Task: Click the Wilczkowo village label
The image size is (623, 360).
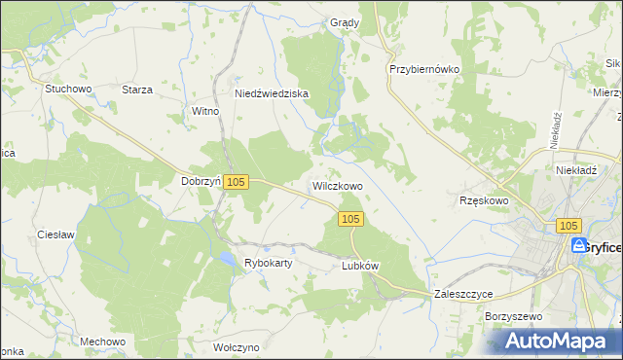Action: [x=338, y=185]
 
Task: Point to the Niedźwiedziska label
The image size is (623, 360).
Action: [x=272, y=93]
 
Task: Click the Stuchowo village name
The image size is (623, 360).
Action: [x=68, y=89]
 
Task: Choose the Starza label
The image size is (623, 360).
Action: [x=137, y=90]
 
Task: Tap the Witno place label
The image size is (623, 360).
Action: [x=206, y=111]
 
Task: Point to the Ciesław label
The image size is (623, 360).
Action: [x=56, y=235]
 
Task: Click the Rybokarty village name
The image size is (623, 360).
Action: [x=270, y=263]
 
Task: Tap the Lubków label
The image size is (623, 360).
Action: [x=359, y=265]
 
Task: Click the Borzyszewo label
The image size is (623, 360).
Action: [x=512, y=317]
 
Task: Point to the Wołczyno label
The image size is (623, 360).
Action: [x=237, y=346]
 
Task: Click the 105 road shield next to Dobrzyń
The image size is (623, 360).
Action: [x=238, y=182]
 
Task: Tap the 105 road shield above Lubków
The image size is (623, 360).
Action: [x=352, y=219]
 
